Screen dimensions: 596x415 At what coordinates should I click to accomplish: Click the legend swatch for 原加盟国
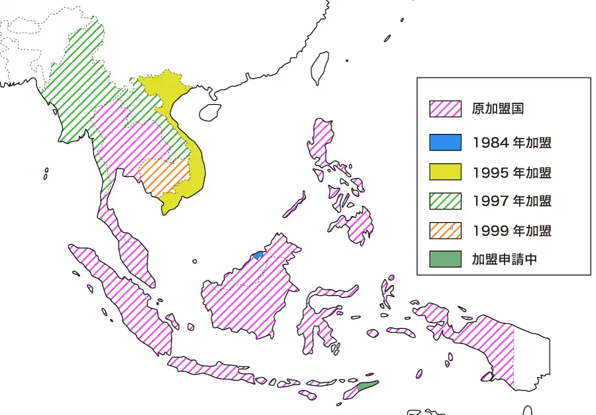[x=445, y=109]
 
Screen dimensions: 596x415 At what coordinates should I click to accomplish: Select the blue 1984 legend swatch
[x=445, y=142]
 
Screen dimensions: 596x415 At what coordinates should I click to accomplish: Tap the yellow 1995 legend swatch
[x=445, y=172]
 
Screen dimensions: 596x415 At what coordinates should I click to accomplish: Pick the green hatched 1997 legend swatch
[x=445, y=201]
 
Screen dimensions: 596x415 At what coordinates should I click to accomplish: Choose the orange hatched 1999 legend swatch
[x=445, y=231]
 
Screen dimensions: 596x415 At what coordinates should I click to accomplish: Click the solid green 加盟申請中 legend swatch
[x=445, y=259]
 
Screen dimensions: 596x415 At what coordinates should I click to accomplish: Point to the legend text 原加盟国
[x=497, y=109]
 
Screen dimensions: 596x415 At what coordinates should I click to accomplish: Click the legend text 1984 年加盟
[x=512, y=142]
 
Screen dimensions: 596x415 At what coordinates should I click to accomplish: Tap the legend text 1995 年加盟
[x=512, y=172]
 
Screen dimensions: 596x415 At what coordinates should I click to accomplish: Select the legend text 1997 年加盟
[x=512, y=201]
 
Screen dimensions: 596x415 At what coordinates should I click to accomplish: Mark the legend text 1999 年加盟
[x=512, y=231]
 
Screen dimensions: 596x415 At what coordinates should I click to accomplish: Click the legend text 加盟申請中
[x=504, y=259]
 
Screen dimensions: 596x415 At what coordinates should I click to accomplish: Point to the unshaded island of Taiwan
[x=321, y=68]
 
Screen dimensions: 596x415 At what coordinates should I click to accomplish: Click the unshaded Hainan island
[x=210, y=111]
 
